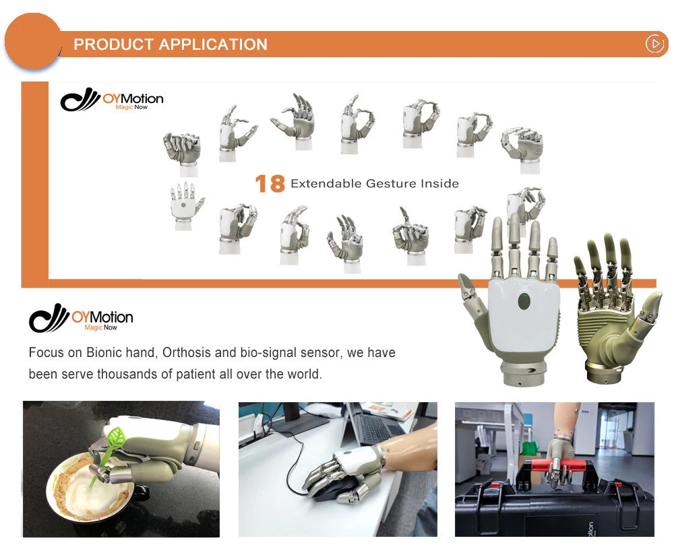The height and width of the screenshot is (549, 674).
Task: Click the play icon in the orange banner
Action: point(654,44)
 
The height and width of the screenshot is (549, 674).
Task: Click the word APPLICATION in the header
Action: point(213,44)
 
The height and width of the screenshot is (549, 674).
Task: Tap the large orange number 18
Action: point(270,183)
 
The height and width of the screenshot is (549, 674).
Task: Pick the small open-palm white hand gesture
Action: point(186,205)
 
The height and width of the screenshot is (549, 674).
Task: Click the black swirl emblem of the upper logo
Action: point(80,100)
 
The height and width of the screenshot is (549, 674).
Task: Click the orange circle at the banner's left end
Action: point(33,41)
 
